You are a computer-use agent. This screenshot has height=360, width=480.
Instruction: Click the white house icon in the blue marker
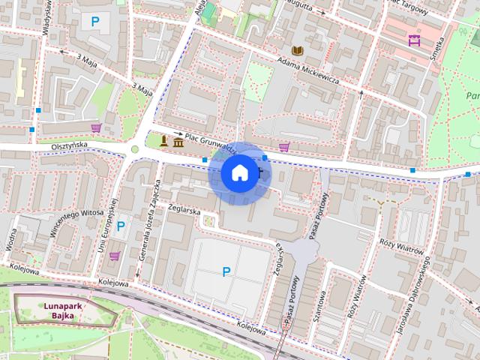238,173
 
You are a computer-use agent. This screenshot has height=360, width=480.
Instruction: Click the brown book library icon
298,51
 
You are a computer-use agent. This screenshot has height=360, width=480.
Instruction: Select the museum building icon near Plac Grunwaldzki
178,142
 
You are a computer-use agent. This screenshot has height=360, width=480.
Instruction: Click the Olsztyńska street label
70,145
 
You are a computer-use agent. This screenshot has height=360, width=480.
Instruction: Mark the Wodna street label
11,240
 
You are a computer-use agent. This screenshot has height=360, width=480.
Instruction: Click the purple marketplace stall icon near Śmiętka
413,40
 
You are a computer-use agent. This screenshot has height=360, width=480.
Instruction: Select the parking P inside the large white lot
226,271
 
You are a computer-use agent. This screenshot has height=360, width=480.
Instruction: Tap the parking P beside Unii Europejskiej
120,226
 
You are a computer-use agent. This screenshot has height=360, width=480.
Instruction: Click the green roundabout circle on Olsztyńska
135,149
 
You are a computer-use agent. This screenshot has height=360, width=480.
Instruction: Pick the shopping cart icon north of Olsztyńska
95,128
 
